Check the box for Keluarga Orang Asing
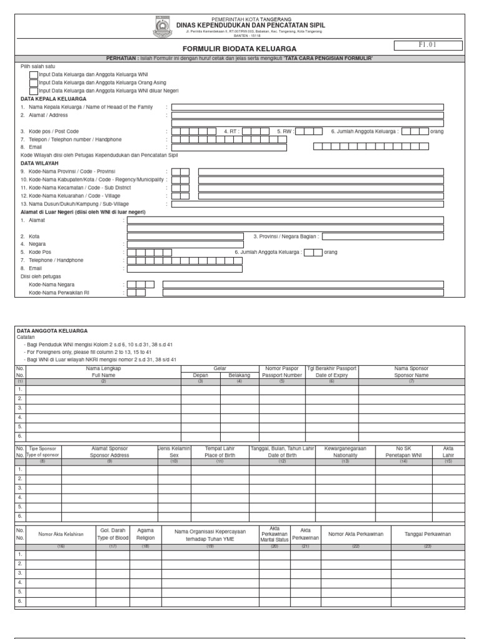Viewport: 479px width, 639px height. click(x=34, y=83)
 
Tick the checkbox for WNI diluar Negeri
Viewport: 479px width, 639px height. click(x=34, y=91)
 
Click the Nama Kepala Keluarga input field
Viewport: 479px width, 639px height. click(x=307, y=107)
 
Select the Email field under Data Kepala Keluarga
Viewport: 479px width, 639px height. click(x=229, y=147)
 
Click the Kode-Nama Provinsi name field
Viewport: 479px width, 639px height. click(x=321, y=172)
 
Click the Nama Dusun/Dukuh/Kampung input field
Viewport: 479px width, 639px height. click(x=307, y=203)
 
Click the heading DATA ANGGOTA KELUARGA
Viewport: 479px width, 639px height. click(x=52, y=330)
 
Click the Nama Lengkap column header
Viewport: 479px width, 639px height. click(x=104, y=372)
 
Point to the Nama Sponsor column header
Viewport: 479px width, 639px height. click(x=412, y=372)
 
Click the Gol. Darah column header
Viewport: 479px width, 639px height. click(x=113, y=534)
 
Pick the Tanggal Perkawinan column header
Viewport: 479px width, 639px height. click(x=427, y=534)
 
